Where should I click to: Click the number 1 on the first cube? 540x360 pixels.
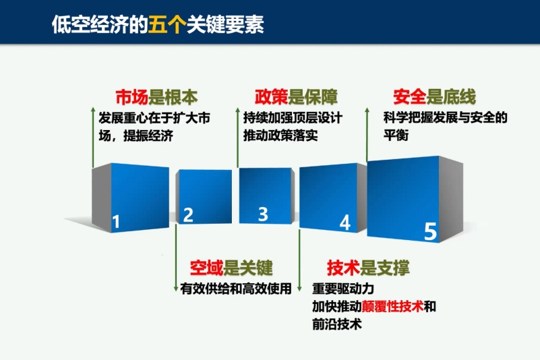tap(116, 222)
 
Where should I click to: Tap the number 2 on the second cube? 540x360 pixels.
tap(188, 215)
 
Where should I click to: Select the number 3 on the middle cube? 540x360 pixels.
tap(263, 214)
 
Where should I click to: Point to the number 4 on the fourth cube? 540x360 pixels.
tap(345, 222)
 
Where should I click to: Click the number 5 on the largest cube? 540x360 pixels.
tap(431, 231)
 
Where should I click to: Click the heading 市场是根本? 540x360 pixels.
tap(156, 97)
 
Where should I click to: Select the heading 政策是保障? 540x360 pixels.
tap(296, 96)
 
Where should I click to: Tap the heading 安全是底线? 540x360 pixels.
tap(435, 96)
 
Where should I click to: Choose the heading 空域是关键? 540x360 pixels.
tap(231, 268)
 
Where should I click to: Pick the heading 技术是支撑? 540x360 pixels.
tap(369, 268)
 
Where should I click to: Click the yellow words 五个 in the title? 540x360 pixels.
tap(167, 24)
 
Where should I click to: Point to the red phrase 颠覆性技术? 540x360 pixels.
tap(392, 306)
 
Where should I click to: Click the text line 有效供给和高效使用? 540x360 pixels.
tap(236, 289)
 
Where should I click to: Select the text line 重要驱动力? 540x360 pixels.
tap(343, 289)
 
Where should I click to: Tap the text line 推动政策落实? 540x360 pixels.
tap(280, 136)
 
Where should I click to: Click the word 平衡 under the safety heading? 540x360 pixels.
tap(396, 135)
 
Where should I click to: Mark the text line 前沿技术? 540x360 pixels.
tap(337, 324)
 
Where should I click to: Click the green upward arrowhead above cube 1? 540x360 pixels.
tap(93, 109)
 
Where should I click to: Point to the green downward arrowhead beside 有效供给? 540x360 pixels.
tap(176, 289)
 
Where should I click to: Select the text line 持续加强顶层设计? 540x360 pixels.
tap(293, 118)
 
